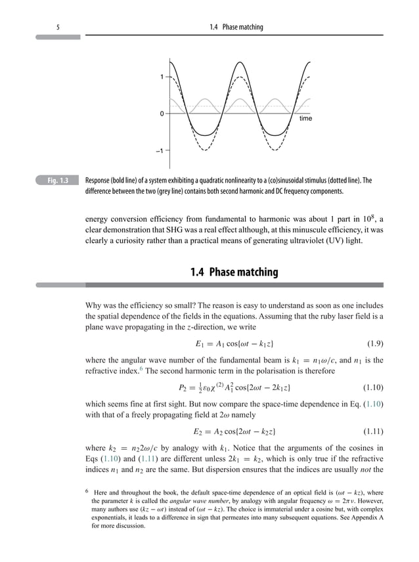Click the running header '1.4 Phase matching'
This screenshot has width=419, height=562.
[x=236, y=27]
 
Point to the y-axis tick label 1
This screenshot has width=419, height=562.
[x=162, y=77]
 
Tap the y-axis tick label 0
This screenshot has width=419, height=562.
[x=162, y=114]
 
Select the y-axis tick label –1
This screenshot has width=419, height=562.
[x=160, y=150]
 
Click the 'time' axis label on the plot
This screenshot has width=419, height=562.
[x=305, y=119]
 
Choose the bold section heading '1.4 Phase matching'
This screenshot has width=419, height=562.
[x=234, y=272]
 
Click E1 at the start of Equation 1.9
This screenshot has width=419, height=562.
[x=200, y=343]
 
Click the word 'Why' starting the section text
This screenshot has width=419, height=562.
[x=95, y=305]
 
